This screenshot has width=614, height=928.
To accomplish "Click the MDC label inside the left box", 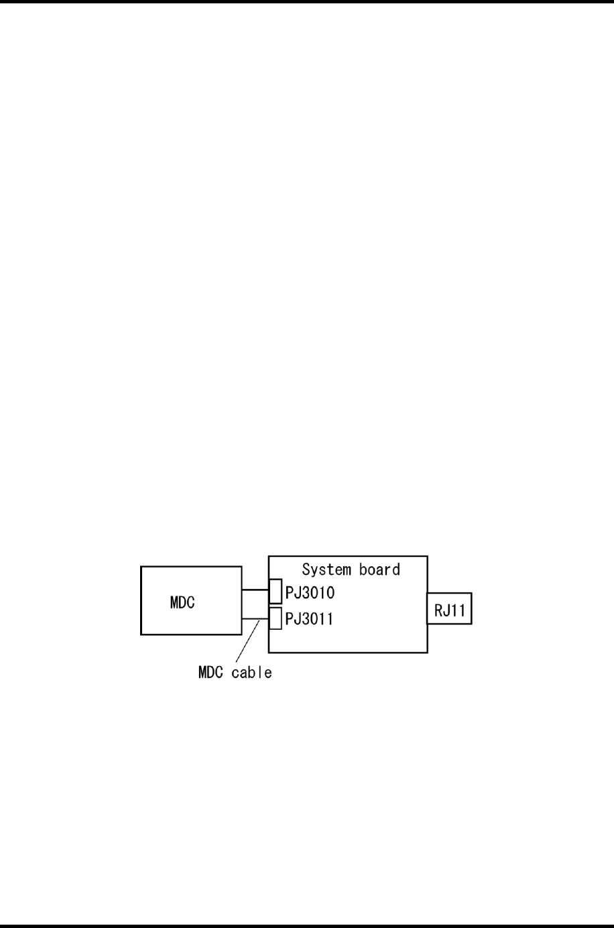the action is (x=182, y=602).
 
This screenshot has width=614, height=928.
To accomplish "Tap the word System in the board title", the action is (x=327, y=570).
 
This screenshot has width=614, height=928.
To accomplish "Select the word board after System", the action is (x=378, y=570).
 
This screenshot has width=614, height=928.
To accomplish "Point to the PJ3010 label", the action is (x=310, y=593).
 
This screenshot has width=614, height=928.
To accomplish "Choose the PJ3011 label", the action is (x=310, y=619).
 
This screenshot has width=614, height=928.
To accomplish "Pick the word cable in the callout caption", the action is (x=252, y=672).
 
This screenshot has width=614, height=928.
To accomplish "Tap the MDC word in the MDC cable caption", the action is (x=211, y=672).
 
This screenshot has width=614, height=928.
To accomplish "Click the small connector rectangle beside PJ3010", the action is (x=275, y=592).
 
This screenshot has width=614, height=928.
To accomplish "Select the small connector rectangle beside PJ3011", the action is (x=275, y=618).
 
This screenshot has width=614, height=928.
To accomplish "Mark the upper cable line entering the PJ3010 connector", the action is (x=255, y=590).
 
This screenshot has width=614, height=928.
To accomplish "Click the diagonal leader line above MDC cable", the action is (x=247, y=642).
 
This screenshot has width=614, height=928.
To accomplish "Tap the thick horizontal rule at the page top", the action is (x=307, y=2).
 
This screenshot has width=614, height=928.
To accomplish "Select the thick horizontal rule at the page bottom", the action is (x=307, y=925).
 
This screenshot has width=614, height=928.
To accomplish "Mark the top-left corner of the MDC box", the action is (x=141, y=567).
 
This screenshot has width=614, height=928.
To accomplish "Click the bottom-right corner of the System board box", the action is (x=427, y=652).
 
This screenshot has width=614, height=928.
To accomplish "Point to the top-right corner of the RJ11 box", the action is (x=471, y=593).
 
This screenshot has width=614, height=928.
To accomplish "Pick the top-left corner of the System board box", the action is (x=269, y=556).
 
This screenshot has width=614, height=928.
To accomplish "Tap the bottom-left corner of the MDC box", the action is (x=141, y=634).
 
